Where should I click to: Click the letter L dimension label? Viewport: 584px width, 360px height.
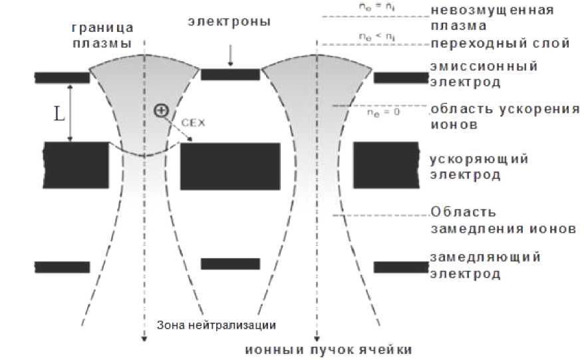pyautogui.click(x=59, y=114)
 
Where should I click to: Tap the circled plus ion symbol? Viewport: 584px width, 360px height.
pyautogui.click(x=160, y=110)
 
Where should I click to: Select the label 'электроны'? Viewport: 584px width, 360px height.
pyautogui.click(x=229, y=22)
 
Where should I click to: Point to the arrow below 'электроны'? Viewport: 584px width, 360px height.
pyautogui.click(x=230, y=57)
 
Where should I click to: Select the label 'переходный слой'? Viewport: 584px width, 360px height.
pyautogui.click(x=500, y=44)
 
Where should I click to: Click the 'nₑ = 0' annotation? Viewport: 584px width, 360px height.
pyautogui.click(x=384, y=112)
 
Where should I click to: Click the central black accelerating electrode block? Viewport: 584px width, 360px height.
pyautogui.click(x=227, y=166)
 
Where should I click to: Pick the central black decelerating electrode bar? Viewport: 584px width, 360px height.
pyautogui.click(x=230, y=264)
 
